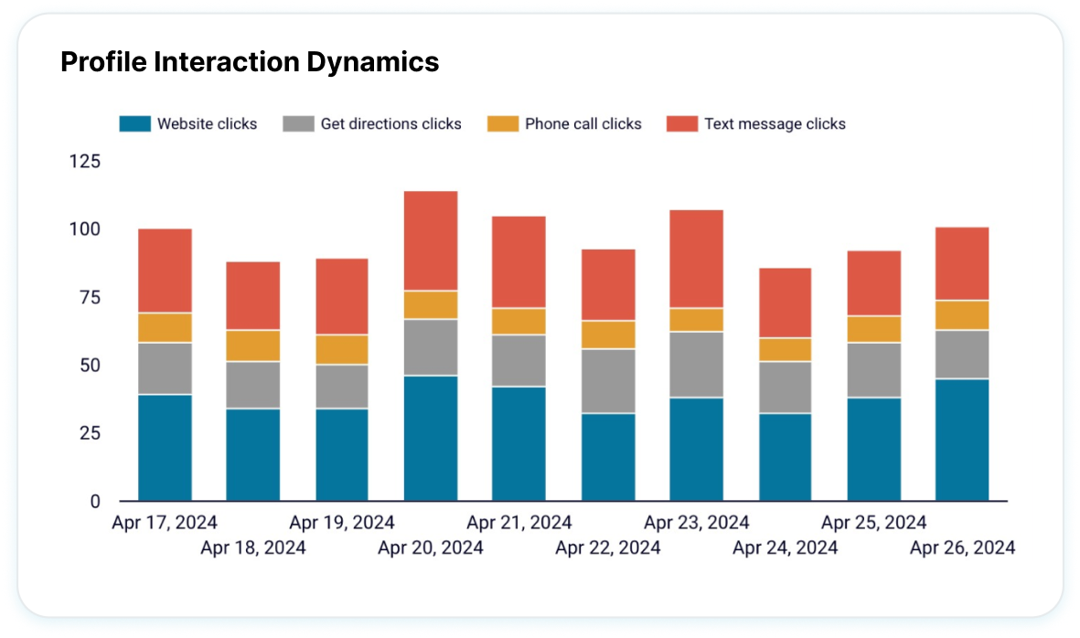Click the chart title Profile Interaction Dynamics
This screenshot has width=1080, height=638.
tap(249, 62)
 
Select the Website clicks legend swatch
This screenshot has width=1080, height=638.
tap(134, 124)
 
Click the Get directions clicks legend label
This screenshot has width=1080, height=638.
tap(390, 124)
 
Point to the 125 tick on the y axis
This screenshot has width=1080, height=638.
tap(85, 162)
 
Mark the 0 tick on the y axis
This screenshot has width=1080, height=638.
tap(95, 501)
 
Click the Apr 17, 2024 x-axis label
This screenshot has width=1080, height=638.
tap(165, 523)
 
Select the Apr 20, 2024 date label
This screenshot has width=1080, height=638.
tap(431, 548)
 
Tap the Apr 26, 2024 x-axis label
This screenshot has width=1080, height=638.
tap(962, 548)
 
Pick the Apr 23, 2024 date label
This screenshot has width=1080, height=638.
tap(697, 523)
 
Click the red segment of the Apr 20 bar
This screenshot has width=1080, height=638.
tap(431, 240)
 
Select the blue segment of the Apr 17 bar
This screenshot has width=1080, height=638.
tap(165, 447)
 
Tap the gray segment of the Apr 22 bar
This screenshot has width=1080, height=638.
tap(608, 380)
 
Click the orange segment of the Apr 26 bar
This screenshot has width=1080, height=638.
tap(962, 314)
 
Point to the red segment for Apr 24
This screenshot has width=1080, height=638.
tap(785, 303)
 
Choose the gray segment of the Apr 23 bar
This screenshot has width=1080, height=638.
tap(697, 364)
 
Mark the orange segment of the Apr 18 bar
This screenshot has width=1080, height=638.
tap(253, 346)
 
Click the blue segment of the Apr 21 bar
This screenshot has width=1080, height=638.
tap(519, 443)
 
